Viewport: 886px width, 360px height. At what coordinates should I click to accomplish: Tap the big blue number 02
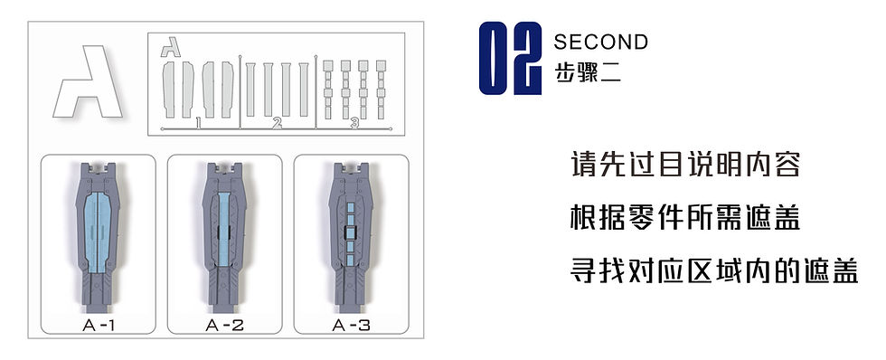[x=510, y=59]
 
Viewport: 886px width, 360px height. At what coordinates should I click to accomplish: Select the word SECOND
[x=600, y=42]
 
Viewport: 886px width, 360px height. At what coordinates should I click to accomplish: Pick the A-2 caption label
[x=225, y=324]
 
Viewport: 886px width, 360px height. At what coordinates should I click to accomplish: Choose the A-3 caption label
[x=352, y=324]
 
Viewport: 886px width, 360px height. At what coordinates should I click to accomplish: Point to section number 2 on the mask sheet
[x=278, y=122]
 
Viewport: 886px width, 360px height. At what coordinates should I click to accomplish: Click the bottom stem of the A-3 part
[x=351, y=298]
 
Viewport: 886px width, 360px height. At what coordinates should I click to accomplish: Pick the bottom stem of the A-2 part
[x=224, y=298]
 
